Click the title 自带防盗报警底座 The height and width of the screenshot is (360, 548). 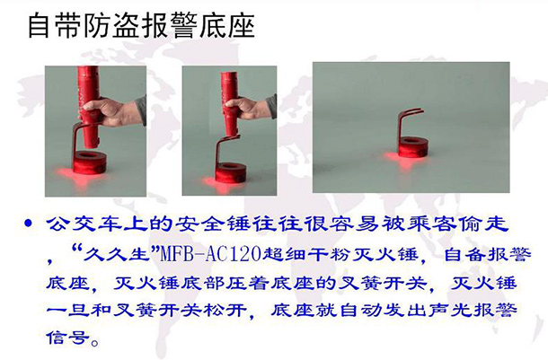point(141,25)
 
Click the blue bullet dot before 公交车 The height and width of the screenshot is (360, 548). point(29,223)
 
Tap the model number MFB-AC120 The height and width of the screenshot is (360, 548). point(210,254)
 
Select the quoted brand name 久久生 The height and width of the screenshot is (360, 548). point(115,254)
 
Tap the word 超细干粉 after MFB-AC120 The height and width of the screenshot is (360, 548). point(305,254)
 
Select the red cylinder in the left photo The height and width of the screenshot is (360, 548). point(89,106)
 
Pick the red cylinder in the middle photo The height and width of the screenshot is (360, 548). point(230,104)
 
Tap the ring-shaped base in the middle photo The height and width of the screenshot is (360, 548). point(229,171)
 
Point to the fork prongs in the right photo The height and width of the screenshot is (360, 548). point(413,112)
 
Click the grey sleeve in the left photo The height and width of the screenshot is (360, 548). point(140,110)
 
